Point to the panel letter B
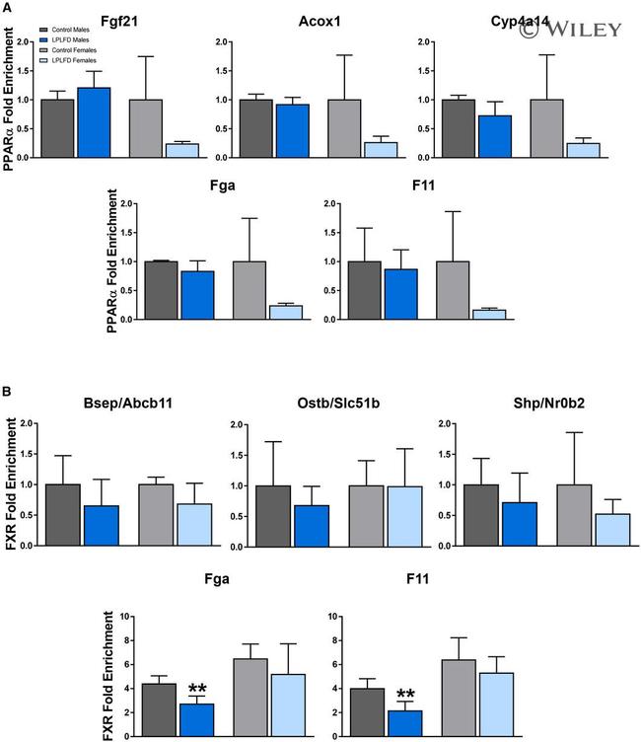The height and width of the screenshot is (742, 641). point(8,391)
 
